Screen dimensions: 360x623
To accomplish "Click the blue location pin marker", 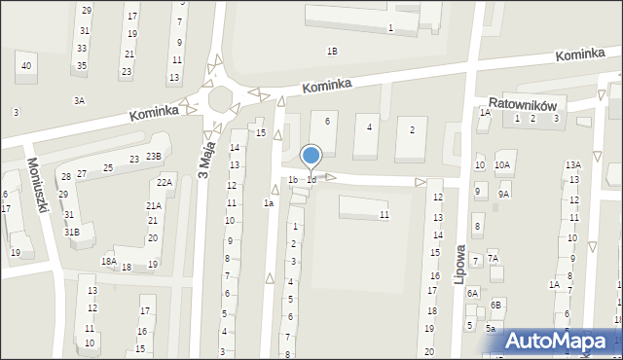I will pos(311,156).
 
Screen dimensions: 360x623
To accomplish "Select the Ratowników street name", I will pos(522,99).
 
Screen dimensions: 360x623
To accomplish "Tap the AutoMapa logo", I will pos(560,341).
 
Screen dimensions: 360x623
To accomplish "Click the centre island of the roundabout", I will pos(222,98).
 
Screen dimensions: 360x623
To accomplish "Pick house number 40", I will pos(25,65).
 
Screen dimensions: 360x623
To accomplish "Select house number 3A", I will pos(79,100).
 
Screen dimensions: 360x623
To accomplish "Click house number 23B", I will pos(154,157).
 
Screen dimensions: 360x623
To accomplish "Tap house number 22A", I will pos(165,182).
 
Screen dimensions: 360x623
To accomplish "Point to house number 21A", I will pos(154,205).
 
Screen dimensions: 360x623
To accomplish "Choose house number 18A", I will pos(108,261).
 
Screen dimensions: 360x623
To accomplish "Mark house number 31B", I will pos(71,232).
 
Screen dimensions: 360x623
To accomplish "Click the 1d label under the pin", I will pos(311,180).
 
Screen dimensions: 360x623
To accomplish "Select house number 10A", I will pos(501,165).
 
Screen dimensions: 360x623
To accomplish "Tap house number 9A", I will pos(503,194).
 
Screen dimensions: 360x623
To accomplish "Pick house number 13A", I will pos(573,165).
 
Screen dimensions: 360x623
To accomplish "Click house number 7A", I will pos(493,259).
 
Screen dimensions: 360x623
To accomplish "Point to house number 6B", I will pos(495,305).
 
